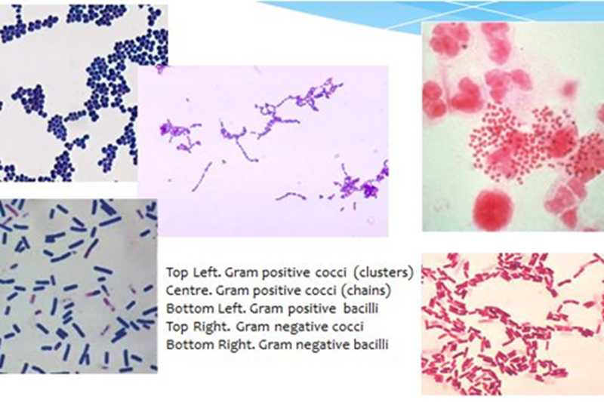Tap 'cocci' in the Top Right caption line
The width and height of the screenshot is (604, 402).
(348, 327)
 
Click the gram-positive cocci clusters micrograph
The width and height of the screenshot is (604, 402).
(69, 92)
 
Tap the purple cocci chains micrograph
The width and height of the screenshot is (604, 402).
(263, 151)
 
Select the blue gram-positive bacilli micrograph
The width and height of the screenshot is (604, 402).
(79, 286)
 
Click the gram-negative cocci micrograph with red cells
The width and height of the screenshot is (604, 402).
(513, 127)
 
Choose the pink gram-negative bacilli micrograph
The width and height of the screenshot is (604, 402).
(513, 324)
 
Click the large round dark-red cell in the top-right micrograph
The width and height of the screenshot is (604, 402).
(494, 210)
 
